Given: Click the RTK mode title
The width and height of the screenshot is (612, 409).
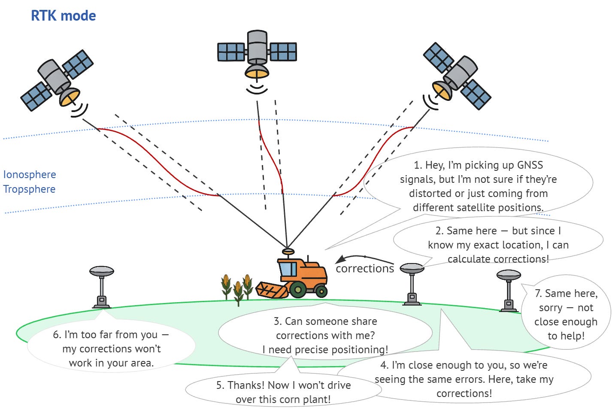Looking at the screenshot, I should [x=64, y=16].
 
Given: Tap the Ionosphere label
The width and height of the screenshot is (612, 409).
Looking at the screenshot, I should [x=30, y=175].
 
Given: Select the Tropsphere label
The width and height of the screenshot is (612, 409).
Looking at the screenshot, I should [x=29, y=189].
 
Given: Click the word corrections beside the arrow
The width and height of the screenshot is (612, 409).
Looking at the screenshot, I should [x=365, y=269].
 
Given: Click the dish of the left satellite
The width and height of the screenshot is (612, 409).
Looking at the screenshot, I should [x=70, y=97].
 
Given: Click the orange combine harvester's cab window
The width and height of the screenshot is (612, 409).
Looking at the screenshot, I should [x=288, y=269].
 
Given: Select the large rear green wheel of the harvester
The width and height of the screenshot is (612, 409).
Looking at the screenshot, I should [x=297, y=290].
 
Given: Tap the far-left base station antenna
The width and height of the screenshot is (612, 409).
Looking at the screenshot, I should [x=102, y=272].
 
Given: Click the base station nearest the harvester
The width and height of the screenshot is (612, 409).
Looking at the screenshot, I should [x=412, y=283].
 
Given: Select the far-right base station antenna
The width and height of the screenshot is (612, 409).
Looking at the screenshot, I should [x=509, y=275].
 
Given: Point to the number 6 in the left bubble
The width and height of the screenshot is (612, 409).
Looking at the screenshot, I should [x=57, y=335].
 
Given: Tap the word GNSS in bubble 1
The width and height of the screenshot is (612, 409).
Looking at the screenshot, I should [x=530, y=165].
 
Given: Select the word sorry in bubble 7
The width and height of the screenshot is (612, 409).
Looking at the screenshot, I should [x=551, y=308].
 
